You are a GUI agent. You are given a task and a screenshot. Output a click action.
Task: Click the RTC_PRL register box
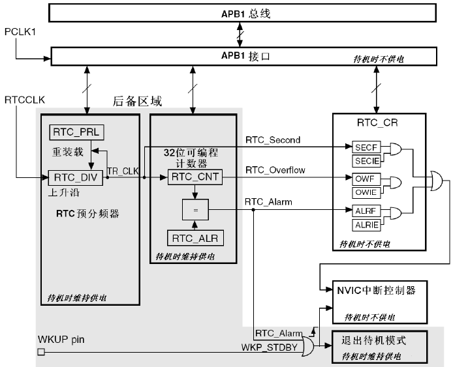coord(76,132)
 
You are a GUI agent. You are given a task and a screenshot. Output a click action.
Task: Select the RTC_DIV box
coord(76,177)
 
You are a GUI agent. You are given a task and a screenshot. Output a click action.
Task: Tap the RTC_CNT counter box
coord(195,177)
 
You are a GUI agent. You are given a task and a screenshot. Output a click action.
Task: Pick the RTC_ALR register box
coord(195,238)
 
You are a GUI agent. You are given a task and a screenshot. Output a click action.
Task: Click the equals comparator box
coord(195,209)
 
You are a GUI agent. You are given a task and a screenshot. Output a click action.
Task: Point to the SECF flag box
coord(365,148)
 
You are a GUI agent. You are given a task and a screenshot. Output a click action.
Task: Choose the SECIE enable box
coord(365,160)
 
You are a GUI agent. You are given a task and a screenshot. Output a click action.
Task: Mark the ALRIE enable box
coord(365,225)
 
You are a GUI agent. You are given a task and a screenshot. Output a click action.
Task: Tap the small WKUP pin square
coord(40,353)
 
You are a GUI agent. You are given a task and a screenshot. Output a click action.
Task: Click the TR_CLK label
coord(121,171)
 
